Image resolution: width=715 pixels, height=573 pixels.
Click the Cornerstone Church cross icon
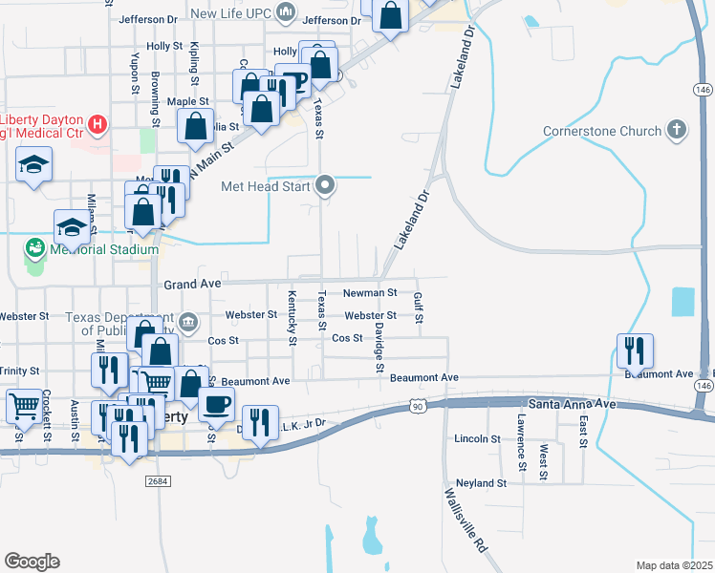coord(677,130)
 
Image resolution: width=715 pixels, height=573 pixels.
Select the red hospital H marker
coord(97,123)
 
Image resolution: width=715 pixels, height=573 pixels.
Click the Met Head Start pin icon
coord(325,185)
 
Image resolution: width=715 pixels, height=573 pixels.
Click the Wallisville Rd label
coord(466,520)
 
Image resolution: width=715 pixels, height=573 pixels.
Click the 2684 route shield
coord(159,481)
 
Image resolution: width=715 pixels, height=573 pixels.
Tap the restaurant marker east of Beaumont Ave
coord(634,350)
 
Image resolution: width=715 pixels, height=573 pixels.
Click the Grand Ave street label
coord(192,284)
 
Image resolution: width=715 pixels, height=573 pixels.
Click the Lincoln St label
coord(478,439)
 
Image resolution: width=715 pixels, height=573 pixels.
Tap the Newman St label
coord(370,292)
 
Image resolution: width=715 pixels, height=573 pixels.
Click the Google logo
coord(32,561)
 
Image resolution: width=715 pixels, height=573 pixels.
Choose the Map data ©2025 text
coord(673,565)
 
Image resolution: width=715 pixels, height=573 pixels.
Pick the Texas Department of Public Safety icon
coord(189,321)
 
